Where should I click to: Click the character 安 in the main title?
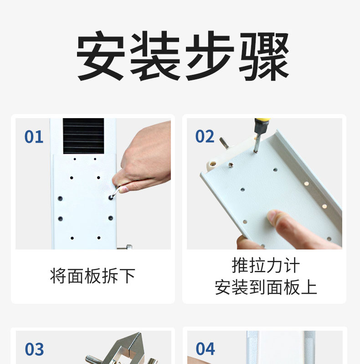(x=100, y=56)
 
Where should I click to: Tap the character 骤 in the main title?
(x=264, y=56)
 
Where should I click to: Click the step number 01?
(x=34, y=137)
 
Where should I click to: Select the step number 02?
(x=205, y=136)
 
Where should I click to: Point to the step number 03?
(x=34, y=349)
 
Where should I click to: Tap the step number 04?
(x=205, y=348)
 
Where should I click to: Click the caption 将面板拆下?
(x=93, y=276)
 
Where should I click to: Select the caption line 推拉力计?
(x=266, y=265)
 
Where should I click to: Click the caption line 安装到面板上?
(x=266, y=287)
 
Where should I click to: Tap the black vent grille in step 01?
(x=83, y=136)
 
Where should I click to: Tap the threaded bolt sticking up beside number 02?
(x=225, y=143)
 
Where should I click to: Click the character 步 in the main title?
(x=209, y=56)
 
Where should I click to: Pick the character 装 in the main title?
(x=155, y=56)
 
